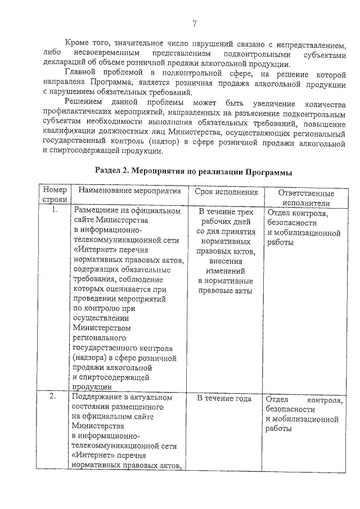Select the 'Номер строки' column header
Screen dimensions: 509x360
point(55,196)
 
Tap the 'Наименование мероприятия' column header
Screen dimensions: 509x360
point(129,191)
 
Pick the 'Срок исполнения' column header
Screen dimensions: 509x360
point(226,191)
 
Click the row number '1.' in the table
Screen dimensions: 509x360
point(55,210)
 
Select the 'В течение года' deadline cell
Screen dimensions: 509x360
point(224,398)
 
